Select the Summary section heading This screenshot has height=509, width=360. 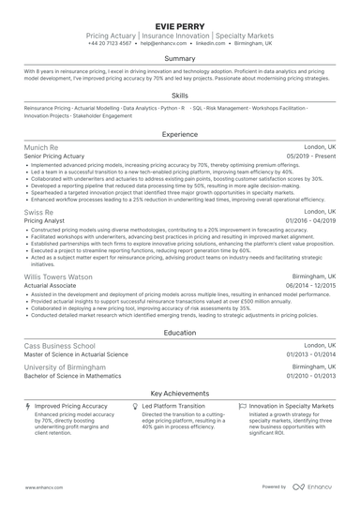click(180, 58)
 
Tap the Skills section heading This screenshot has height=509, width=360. click(180, 95)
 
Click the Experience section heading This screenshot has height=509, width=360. click(180, 135)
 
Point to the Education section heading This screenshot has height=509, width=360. click(180, 332)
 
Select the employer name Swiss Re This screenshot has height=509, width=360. click(40, 213)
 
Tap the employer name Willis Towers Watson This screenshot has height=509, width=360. click(58, 277)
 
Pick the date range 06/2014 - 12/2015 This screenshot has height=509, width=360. click(307, 288)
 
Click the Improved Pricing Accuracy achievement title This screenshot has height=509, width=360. click(72, 407)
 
